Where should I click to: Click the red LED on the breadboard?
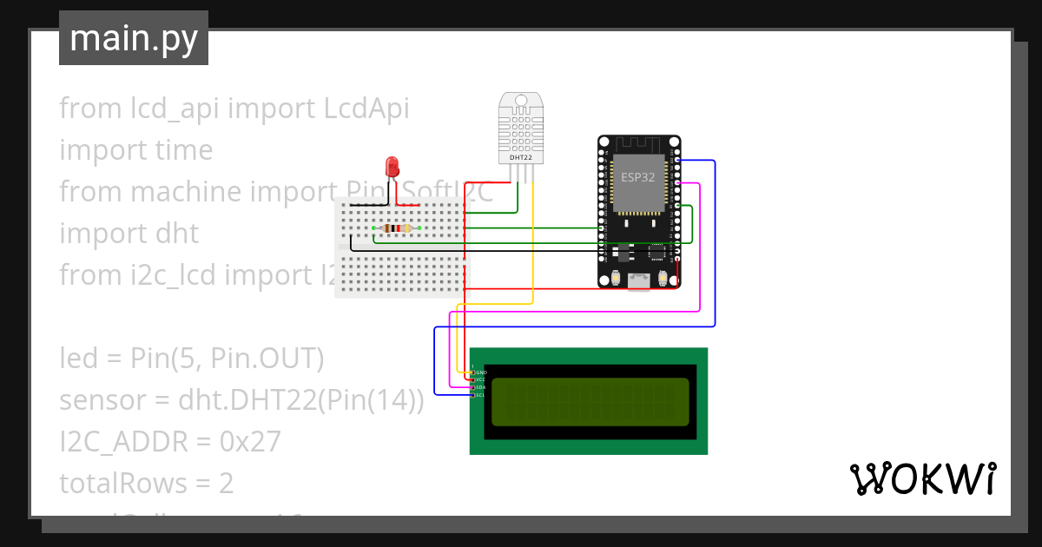click(392, 165)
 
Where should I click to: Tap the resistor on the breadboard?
click(396, 228)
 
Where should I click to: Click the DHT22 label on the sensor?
click(520, 157)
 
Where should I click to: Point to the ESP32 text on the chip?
click(638, 176)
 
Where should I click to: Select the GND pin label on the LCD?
click(480, 372)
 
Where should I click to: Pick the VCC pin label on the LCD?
click(480, 380)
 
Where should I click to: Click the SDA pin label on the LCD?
click(480, 387)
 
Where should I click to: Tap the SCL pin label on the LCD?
click(480, 395)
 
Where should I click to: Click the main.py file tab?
click(134, 39)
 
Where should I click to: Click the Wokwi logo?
click(922, 478)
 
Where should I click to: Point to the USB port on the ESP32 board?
click(639, 280)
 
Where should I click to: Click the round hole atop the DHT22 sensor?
click(520, 100)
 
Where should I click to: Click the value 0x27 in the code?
click(250, 442)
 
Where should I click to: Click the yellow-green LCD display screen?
click(590, 401)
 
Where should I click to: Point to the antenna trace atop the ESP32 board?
click(639, 143)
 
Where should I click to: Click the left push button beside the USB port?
click(615, 278)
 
